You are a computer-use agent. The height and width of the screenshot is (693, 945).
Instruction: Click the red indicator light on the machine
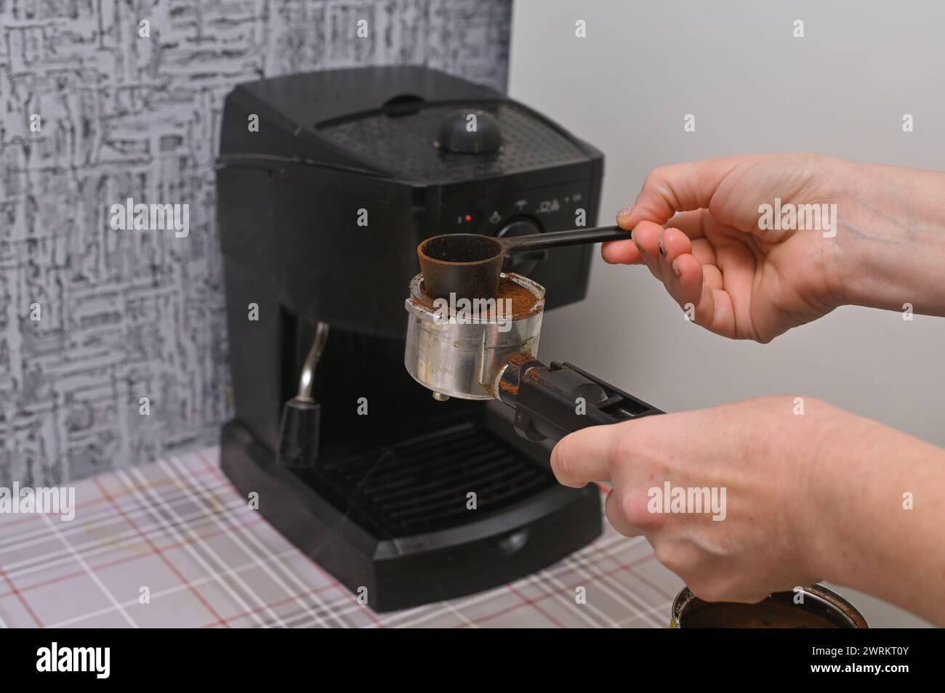pos(467,218)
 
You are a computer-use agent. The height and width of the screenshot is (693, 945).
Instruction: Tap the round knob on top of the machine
pos(470,131)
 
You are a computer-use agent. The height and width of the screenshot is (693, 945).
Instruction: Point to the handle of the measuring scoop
pos(566,239)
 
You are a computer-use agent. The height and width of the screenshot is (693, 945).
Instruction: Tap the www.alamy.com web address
pos(859,668)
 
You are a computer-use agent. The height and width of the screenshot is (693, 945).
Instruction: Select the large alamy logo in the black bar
pos(73,660)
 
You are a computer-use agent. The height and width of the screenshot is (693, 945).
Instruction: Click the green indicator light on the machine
pos(568,198)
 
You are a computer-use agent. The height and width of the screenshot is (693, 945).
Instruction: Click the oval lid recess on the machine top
pos(403,105)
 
